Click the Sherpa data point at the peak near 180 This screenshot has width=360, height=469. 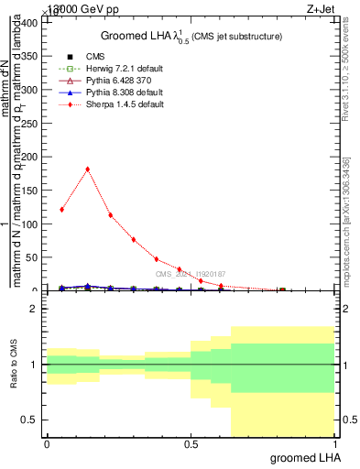pos(87,169)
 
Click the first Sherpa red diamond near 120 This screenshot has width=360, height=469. pos(61,210)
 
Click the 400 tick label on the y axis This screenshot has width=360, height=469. pos(31,23)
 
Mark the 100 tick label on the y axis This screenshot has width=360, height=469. pos(31,224)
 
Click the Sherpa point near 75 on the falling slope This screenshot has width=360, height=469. pos(134,240)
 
